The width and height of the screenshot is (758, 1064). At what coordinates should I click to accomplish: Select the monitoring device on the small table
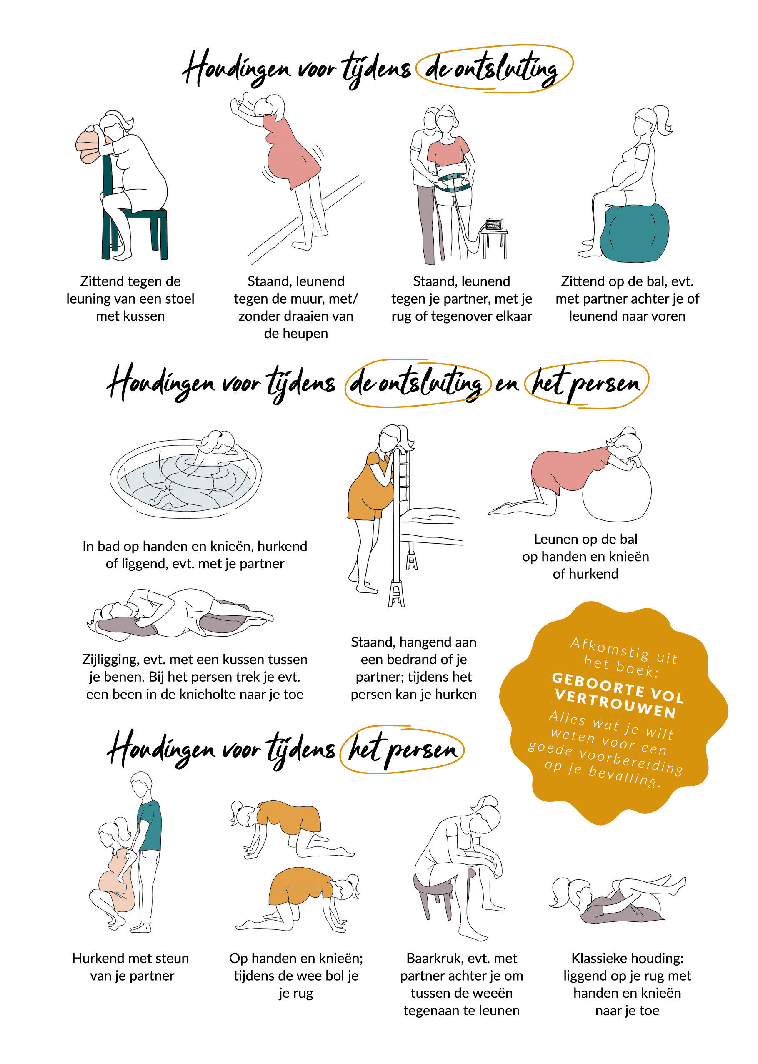click(x=495, y=223)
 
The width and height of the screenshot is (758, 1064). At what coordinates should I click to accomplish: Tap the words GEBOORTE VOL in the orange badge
click(x=618, y=687)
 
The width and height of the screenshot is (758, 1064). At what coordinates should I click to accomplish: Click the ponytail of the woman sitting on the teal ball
click(x=663, y=120)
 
